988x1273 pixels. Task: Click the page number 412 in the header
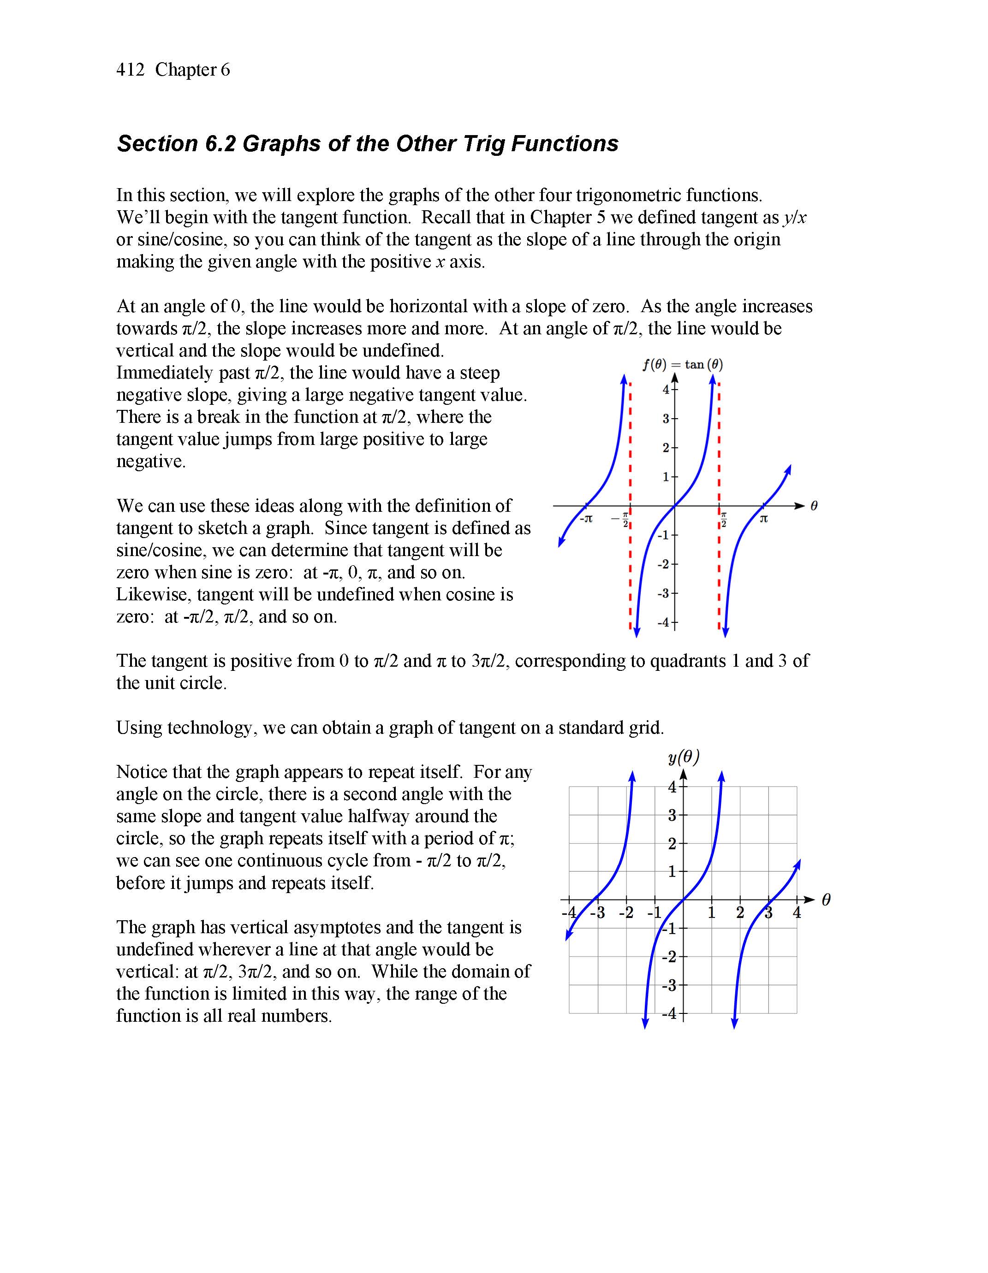(130, 70)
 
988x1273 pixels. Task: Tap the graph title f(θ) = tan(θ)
(682, 365)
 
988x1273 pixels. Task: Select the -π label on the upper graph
(586, 518)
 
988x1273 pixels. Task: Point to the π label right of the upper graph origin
(763, 518)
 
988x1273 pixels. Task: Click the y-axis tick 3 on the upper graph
(666, 419)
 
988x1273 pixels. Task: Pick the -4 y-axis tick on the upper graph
(663, 622)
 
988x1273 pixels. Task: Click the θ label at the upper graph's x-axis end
(814, 506)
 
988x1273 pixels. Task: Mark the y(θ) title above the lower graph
(684, 757)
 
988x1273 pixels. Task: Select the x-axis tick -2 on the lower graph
(626, 913)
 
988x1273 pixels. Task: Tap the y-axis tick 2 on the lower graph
(672, 843)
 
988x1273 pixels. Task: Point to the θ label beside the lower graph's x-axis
(826, 900)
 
